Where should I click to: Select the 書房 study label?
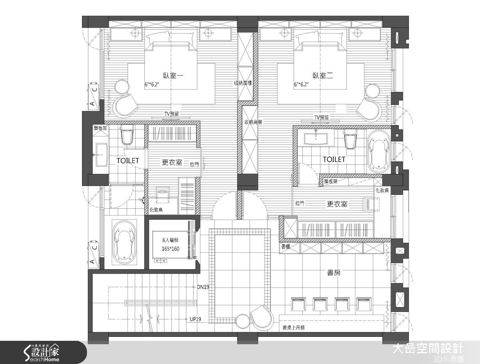click(x=334, y=273)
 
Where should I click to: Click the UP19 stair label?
click(x=195, y=319)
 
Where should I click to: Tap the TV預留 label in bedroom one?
click(x=171, y=114)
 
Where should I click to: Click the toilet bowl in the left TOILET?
click(x=127, y=136)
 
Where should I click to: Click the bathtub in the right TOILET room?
click(x=377, y=152)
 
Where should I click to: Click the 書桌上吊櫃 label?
click(x=294, y=328)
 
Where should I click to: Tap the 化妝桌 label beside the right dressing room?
click(x=382, y=191)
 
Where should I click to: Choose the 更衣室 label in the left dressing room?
click(x=172, y=162)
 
